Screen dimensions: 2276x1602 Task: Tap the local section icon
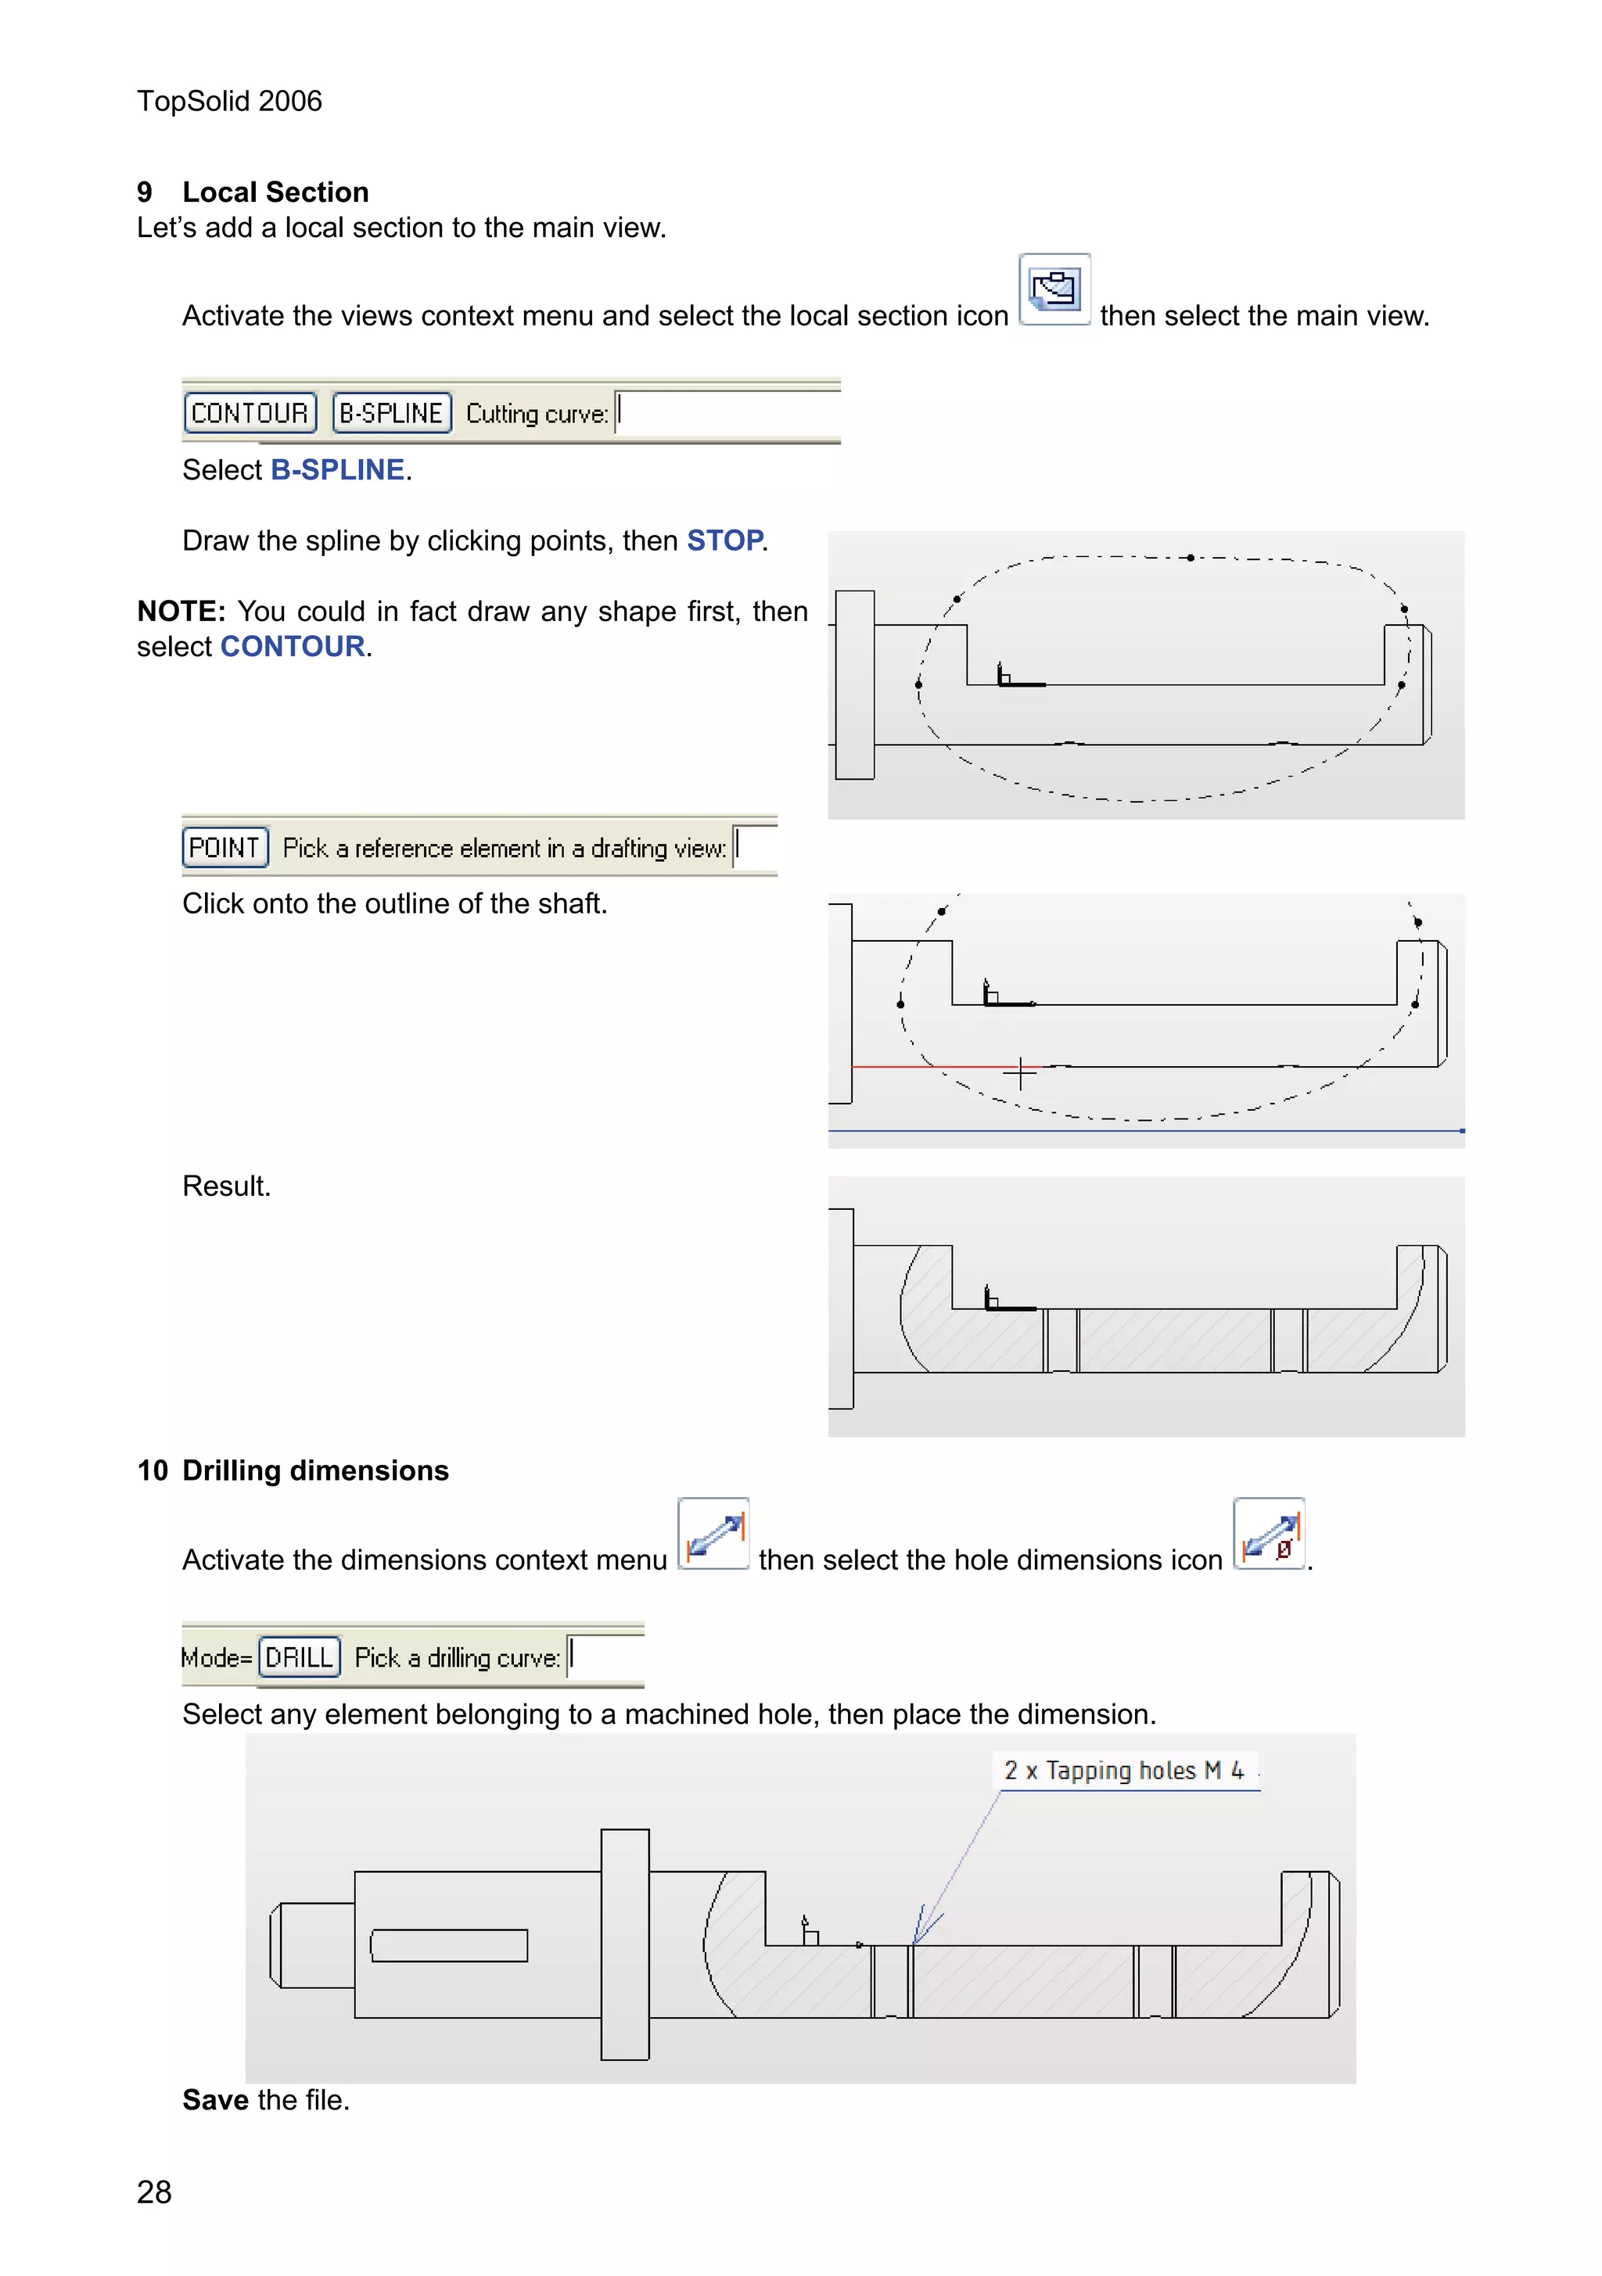pos(1054,289)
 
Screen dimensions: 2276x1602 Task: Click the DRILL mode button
pos(298,1657)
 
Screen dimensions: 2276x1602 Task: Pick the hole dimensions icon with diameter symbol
pos(1268,1534)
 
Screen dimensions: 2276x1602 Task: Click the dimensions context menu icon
pos(713,1534)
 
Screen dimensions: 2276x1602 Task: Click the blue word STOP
pos(724,540)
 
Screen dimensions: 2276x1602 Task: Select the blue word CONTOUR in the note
pos(293,646)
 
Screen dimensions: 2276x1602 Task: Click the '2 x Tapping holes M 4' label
pos(1123,1771)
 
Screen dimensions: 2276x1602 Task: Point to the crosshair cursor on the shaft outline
pos(1019,1072)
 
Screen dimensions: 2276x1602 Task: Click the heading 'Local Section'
pos(275,192)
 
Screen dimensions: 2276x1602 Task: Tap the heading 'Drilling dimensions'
pos(315,1470)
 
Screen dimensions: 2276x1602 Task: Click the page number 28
pos(155,2192)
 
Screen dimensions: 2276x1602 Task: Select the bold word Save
pos(215,2099)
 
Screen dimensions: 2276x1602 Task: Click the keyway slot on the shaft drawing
pos(449,1945)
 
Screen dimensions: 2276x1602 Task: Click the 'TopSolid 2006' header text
pos(229,101)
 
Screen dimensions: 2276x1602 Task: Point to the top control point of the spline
pos(1190,557)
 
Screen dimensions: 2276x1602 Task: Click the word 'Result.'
pos(226,1186)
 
